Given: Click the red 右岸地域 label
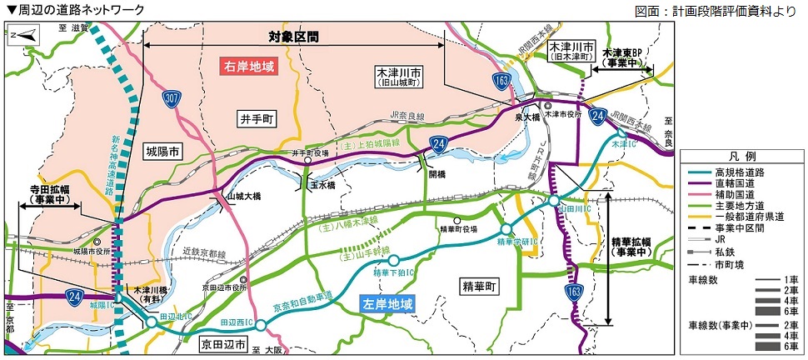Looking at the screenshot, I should click(x=248, y=67).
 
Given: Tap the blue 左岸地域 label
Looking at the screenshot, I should click(x=387, y=305).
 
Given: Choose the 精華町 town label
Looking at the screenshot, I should click(x=479, y=286).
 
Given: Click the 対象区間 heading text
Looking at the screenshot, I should click(x=293, y=37).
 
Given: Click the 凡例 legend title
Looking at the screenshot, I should click(x=744, y=157).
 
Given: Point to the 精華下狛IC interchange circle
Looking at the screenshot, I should click(x=394, y=260).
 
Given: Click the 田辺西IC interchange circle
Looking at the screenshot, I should click(x=262, y=325).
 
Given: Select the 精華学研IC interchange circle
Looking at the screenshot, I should click(x=506, y=229).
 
